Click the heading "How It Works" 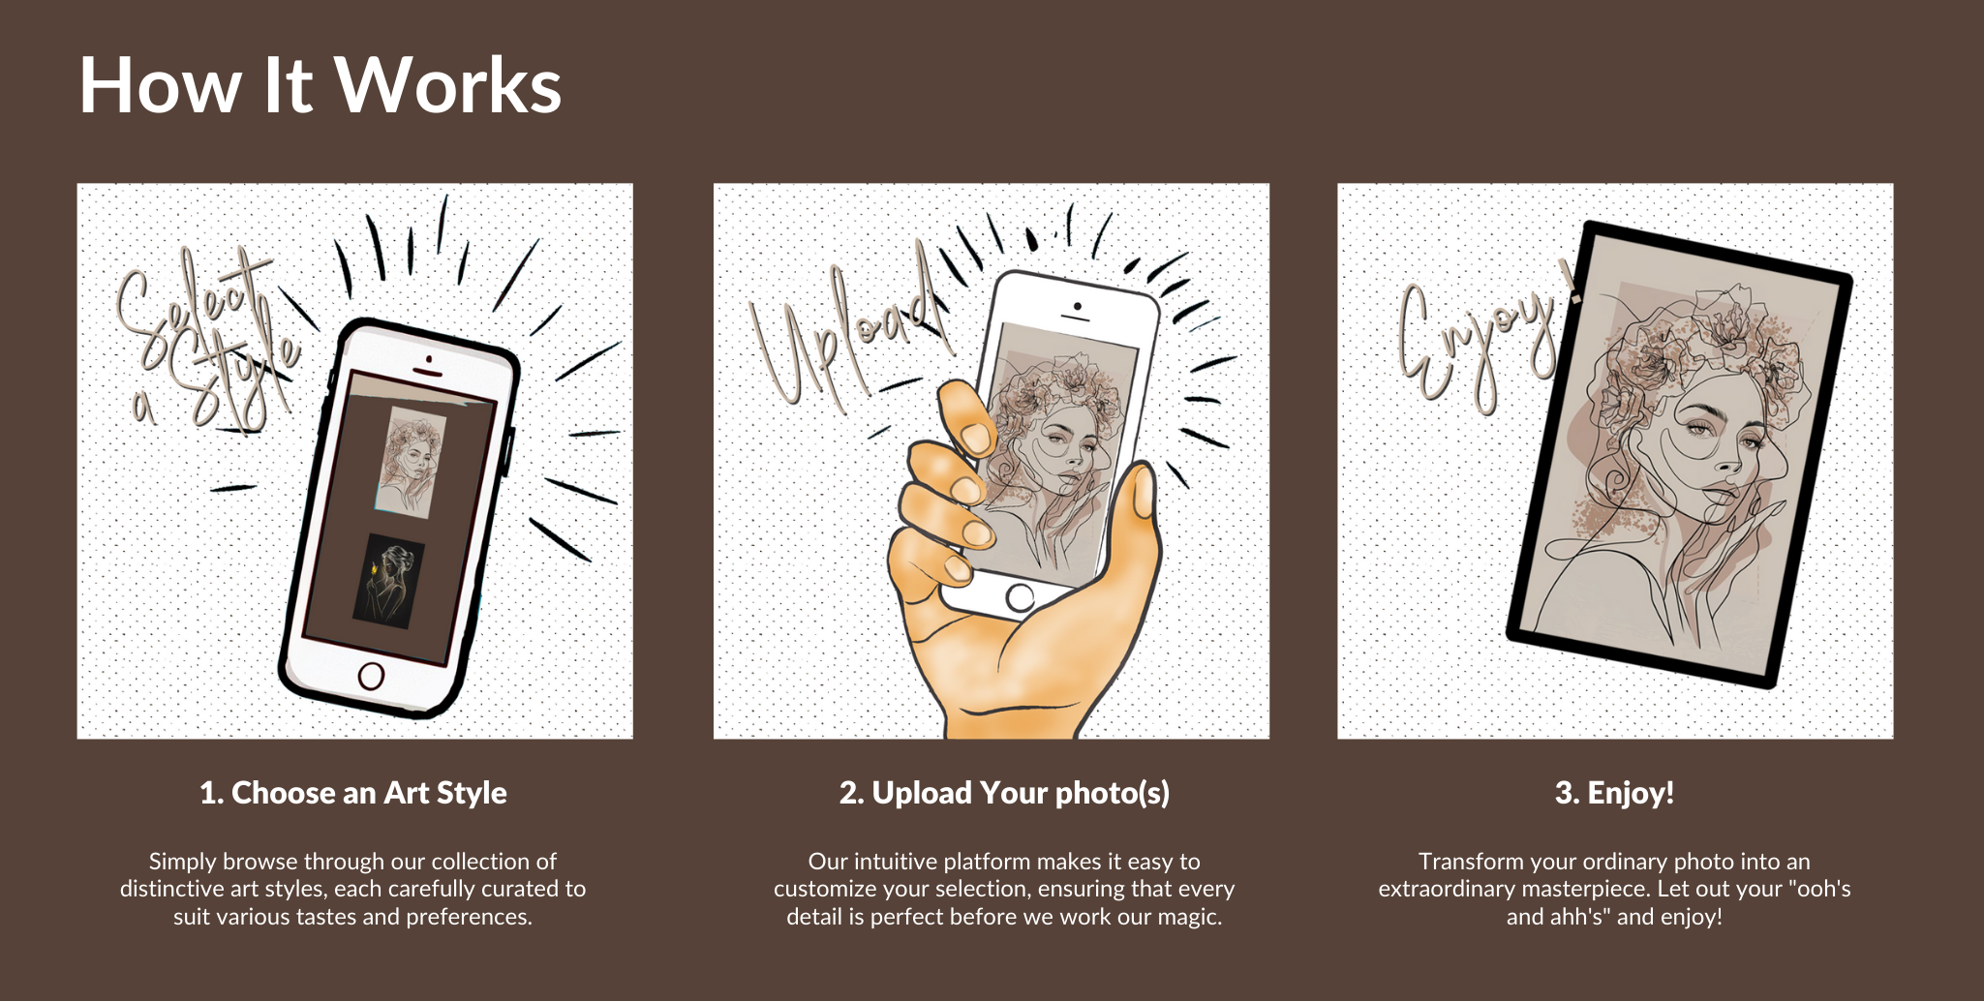pos(320,85)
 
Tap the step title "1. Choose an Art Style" pos(353,793)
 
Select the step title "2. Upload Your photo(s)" pos(1004,793)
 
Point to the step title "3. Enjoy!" pos(1614,793)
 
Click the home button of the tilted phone pos(371,675)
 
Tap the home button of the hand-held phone pos(1019,597)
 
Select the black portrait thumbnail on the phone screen pos(388,581)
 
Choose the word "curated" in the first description pos(522,889)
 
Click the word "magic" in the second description pos(1187,917)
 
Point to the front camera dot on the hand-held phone pos(1077,307)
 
